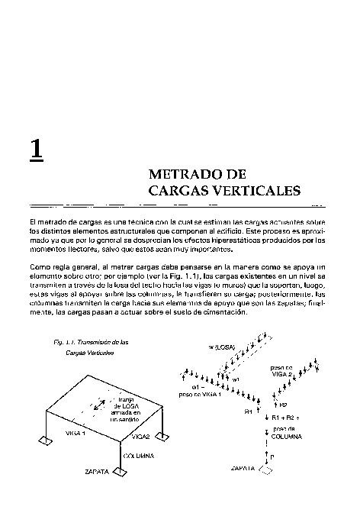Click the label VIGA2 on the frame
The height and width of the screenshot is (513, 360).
(x=140, y=437)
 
